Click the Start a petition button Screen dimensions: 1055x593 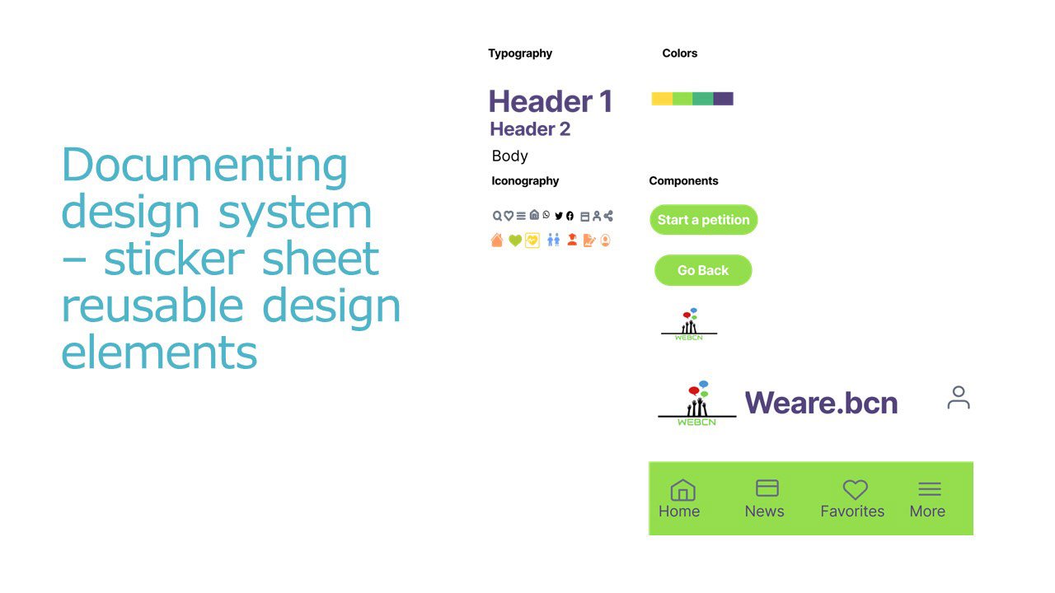pos(703,220)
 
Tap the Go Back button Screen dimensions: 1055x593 pos(703,270)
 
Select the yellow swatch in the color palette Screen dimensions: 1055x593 pos(662,99)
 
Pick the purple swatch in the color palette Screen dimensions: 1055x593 pos(723,99)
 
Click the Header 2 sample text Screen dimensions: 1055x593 pos(530,129)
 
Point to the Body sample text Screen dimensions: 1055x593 pos(509,156)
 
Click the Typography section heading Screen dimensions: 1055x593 pos(520,54)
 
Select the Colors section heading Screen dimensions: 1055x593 pos(680,54)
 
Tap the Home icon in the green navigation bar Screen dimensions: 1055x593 pos(682,490)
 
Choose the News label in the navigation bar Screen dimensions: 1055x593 pos(764,511)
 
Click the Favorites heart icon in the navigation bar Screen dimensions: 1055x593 pos(856,489)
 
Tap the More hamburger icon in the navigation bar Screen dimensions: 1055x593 pos(929,489)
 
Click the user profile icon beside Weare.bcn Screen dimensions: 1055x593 pos(959,398)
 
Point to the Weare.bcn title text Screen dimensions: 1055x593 pos(821,403)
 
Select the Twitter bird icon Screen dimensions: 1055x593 pos(559,216)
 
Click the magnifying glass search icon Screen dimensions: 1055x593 pos(497,216)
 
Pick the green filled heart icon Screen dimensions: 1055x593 pos(515,241)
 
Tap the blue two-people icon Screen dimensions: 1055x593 pos(553,240)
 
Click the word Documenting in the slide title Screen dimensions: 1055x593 pos(204,166)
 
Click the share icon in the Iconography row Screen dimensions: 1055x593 pos(608,216)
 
